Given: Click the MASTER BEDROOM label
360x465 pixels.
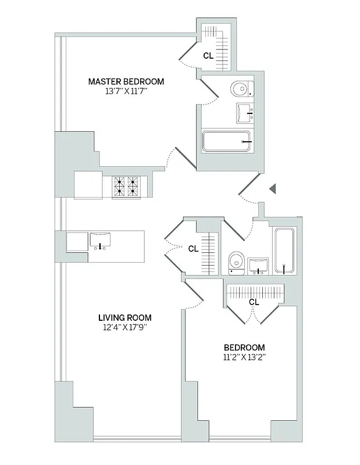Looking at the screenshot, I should (126, 82).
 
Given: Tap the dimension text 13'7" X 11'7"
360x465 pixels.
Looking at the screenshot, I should (126, 92).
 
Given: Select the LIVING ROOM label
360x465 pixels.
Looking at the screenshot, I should (124, 317).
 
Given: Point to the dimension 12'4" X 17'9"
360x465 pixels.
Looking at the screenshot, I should (124, 327).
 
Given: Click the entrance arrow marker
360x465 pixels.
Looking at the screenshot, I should (272, 188).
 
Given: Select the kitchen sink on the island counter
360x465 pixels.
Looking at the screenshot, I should (100, 240).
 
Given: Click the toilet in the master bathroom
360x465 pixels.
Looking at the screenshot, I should (241, 89).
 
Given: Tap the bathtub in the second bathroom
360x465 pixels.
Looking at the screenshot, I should (284, 251).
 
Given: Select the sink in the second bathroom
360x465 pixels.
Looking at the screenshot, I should (258, 264).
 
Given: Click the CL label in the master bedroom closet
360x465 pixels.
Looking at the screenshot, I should (208, 56).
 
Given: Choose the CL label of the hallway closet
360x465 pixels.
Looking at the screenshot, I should (193, 248).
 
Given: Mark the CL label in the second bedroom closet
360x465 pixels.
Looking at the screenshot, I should (254, 302).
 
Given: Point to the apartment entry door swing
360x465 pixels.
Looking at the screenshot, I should (250, 189).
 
